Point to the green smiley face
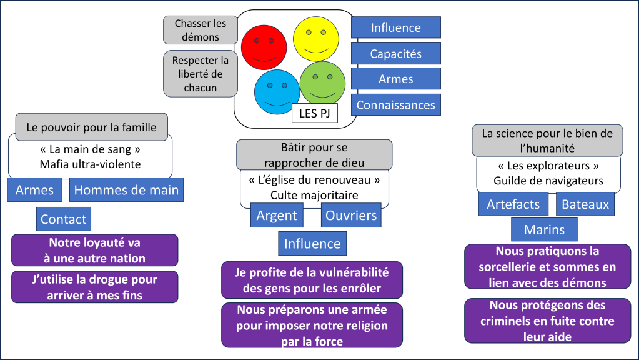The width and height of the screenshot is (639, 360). coord(322,84)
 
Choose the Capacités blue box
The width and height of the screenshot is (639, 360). coord(395,54)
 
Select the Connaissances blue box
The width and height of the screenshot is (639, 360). coord(395,105)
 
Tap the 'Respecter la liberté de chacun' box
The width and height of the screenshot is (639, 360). coord(201,74)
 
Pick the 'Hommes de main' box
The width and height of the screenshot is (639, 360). coord(126,190)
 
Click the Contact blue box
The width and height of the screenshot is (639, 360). coord(63,219)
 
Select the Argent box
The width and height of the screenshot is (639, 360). coord(277,216)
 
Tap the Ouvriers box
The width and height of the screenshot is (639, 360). coord(351,216)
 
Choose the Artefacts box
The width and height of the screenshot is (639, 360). coord(513,204)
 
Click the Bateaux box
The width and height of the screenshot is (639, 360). coord(585,204)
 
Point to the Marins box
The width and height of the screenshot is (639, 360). coord(543,229)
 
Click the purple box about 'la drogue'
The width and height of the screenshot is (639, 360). coord(94,287)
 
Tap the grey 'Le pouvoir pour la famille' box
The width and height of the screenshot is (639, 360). coord(91,127)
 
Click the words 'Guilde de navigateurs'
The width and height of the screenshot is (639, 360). coord(548,181)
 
